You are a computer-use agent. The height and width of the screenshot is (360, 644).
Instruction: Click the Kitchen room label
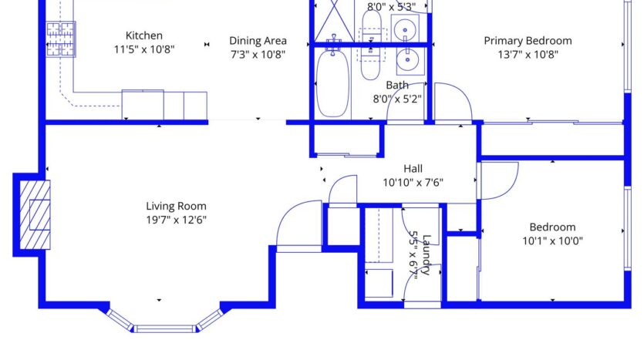point(144,35)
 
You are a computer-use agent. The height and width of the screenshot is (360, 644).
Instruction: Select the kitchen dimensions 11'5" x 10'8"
point(144,49)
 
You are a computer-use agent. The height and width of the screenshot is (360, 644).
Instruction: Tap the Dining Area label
point(258,41)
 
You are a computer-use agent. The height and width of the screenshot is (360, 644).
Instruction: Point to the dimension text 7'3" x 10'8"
point(258,55)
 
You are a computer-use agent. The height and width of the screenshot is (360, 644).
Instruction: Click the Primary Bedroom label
point(528,41)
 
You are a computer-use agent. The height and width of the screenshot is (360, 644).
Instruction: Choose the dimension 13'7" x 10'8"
point(528,55)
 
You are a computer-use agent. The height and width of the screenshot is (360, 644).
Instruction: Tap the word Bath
point(397,85)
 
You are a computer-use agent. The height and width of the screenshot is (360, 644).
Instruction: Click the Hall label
point(413,169)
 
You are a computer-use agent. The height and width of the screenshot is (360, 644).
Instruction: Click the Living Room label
point(176,206)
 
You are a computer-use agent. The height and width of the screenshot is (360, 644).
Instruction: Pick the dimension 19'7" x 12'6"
point(176,220)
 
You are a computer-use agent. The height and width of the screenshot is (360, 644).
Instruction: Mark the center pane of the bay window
point(165,328)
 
